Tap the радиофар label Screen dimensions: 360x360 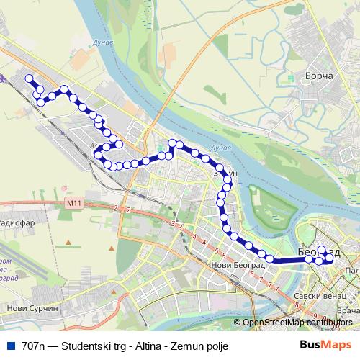point(16,223)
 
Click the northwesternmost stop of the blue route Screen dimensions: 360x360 point(29,78)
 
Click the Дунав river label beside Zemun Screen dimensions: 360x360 point(220,148)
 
